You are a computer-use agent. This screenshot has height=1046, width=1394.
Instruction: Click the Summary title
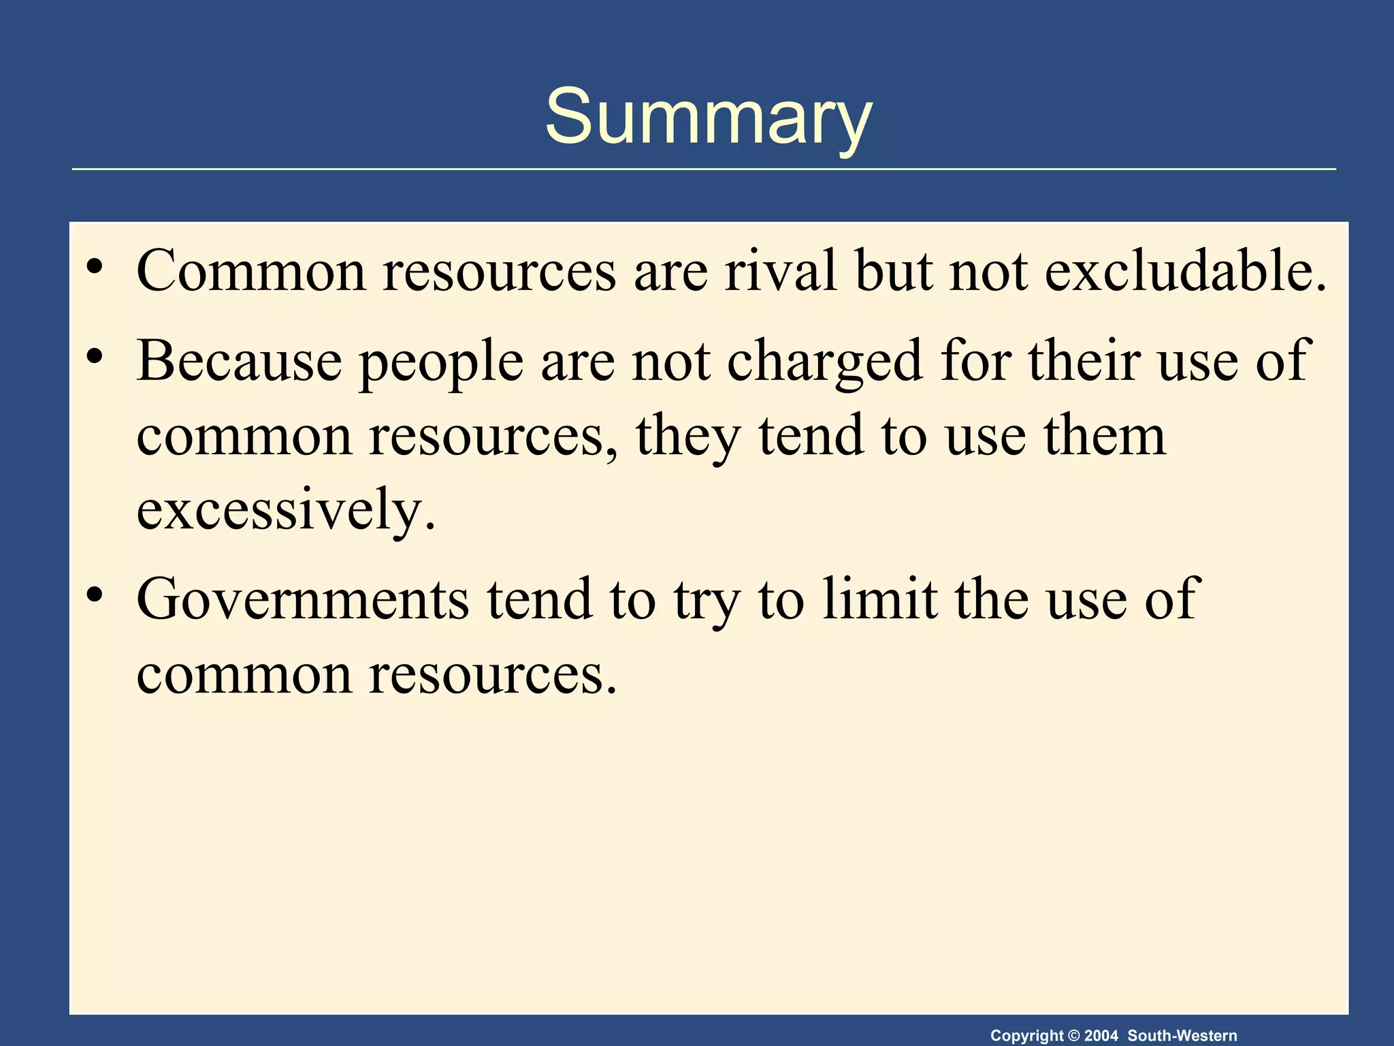[x=708, y=117]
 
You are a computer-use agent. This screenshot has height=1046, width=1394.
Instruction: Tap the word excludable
[x=1184, y=271]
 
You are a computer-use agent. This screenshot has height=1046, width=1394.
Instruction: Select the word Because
[x=239, y=361]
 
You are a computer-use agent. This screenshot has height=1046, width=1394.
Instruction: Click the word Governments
[x=302, y=599]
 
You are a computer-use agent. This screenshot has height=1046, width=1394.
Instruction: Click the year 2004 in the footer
[x=1101, y=1036]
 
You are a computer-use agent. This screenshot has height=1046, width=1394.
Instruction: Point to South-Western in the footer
[x=1182, y=1036]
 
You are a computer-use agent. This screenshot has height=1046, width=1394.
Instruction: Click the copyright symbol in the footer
[x=1074, y=1036]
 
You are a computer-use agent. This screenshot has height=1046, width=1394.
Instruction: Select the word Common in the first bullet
[x=251, y=271]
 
